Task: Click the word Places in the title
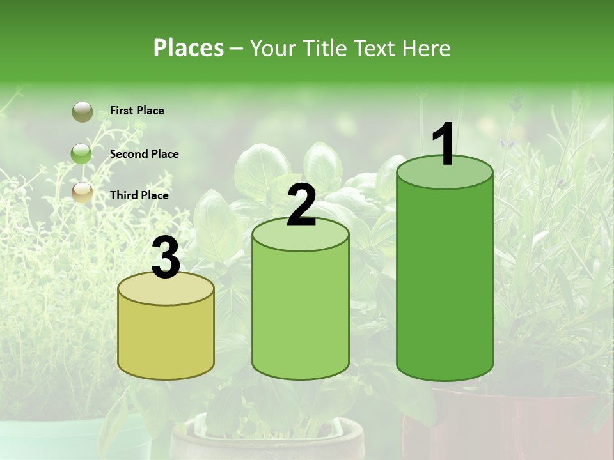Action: coord(189,48)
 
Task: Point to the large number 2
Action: coord(301,205)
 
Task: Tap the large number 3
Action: coord(166,259)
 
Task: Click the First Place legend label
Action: coord(137,111)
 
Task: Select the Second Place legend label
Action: coord(144,154)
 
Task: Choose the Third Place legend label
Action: coord(139,195)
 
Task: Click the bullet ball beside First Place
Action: coord(82,112)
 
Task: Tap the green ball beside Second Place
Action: coord(82,153)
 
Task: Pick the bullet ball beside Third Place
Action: coord(82,192)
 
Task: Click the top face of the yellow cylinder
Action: coord(166,291)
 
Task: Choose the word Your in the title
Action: coord(271,48)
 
